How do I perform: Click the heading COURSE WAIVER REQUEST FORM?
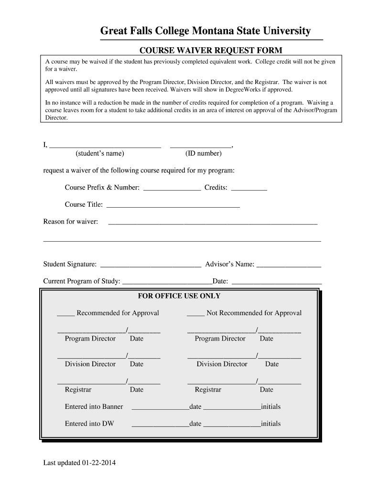pos(210,50)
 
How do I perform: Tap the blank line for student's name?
pos(105,146)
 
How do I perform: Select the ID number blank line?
pos(201,146)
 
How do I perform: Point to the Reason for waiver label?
pos(71,222)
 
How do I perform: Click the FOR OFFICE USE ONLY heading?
pos(179,296)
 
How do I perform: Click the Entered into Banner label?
pos(94,407)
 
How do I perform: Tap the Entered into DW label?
pos(89,424)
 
